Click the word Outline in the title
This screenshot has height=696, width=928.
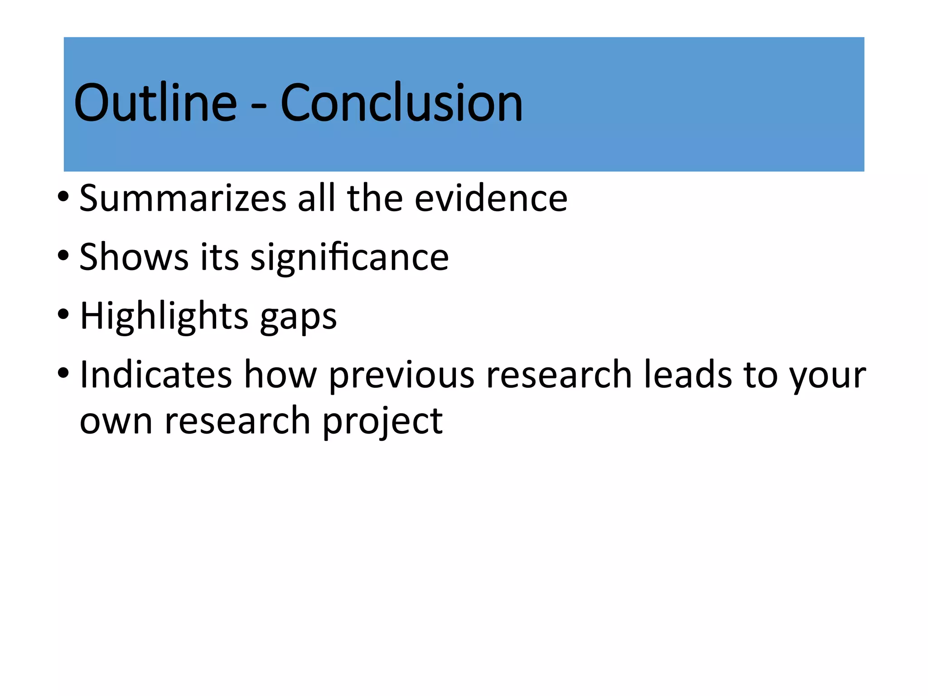[155, 103]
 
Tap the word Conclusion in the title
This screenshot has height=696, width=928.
[401, 103]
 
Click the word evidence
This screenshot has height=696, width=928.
[491, 198]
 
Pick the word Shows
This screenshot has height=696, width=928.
[134, 257]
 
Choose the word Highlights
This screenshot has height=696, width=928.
[164, 316]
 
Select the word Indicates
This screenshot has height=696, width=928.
[156, 375]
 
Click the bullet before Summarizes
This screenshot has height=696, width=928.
[63, 197]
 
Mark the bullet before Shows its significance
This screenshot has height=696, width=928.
[63, 255]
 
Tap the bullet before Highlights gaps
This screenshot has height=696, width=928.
[63, 314]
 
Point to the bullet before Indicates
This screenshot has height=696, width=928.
[63, 373]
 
